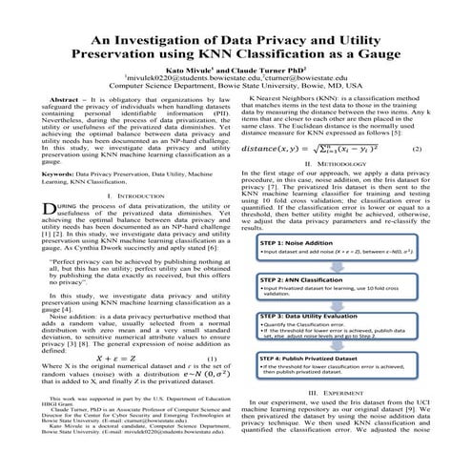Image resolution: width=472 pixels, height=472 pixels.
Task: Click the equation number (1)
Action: tap(212, 359)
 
